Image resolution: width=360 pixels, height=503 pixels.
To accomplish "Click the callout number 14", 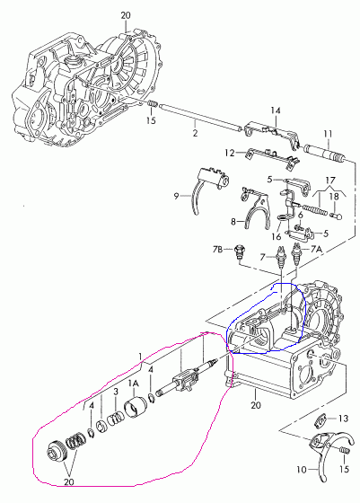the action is tap(275, 110).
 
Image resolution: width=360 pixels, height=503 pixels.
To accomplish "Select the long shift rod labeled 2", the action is tap(200, 118).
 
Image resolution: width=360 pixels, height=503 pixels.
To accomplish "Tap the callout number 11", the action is tap(328, 134).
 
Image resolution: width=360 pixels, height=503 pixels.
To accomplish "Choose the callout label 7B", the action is tap(217, 250).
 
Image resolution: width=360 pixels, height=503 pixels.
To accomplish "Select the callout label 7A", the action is tap(316, 249).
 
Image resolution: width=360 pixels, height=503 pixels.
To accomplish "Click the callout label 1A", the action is tap(133, 384).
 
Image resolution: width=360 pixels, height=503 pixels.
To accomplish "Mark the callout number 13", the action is tap(343, 419).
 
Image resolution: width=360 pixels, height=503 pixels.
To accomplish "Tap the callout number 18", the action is tap(334, 197).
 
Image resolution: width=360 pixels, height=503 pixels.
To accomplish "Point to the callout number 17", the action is tap(330, 181).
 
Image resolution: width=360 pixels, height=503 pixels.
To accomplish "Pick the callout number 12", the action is tap(230, 153).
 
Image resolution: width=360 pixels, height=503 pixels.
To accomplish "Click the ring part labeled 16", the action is tap(281, 218).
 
